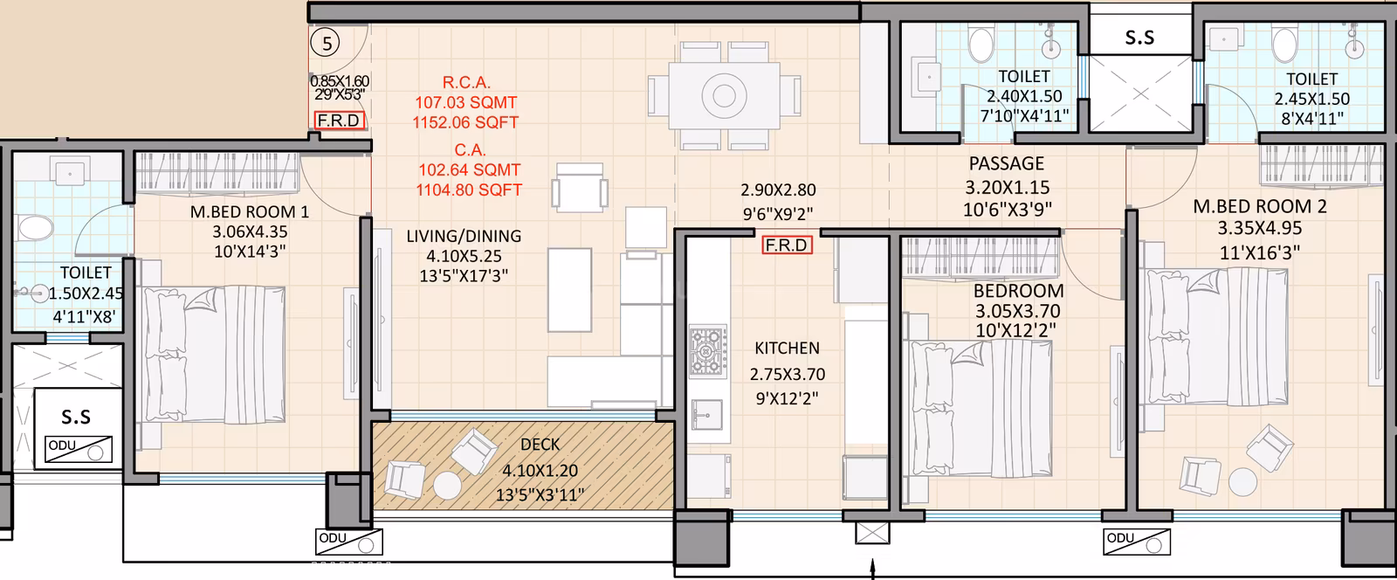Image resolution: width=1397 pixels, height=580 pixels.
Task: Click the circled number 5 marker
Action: point(326,41)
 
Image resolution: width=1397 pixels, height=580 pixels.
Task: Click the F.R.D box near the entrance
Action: point(339,121)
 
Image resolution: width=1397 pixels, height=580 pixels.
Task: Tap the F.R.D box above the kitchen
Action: point(786,245)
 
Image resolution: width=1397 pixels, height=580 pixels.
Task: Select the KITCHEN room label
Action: point(787,348)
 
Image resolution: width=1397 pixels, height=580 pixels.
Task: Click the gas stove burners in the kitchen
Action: point(706,351)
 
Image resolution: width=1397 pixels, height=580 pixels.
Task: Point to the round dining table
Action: point(724,94)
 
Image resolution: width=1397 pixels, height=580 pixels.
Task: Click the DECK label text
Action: point(540,445)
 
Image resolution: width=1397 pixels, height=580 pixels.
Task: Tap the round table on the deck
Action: point(448,485)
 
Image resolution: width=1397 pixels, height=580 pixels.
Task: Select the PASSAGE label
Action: point(1006,163)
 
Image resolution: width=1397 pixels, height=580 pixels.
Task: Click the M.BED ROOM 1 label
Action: point(250,212)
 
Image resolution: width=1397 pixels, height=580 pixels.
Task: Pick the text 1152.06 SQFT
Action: point(467,122)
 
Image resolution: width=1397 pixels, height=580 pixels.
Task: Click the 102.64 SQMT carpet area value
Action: point(469,169)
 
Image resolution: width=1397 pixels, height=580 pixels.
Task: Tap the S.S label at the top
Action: point(1139,38)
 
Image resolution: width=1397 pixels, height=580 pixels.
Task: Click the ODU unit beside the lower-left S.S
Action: point(79,449)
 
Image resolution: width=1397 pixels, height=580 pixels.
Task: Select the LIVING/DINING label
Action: point(464,236)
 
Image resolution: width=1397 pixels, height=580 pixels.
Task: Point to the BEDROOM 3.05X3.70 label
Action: point(1018,291)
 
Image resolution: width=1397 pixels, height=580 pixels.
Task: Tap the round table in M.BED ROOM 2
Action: point(1240,481)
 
